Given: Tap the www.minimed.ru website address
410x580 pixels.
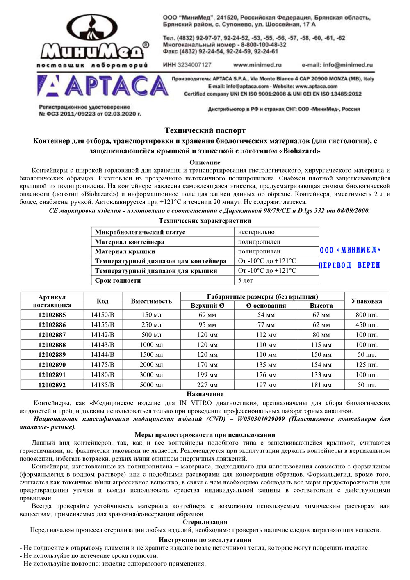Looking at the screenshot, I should pos(257,65).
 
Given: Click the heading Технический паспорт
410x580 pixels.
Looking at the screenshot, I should pos(205,130).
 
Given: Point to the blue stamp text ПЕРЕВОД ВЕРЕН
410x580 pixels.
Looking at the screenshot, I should pos(349,265).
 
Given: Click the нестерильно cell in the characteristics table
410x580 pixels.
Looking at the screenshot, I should pos(256,232).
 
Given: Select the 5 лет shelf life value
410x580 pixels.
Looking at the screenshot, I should pos(245,281).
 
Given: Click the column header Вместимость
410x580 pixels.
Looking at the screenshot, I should pos(151,301).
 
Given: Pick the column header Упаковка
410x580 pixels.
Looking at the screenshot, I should pos(367,301).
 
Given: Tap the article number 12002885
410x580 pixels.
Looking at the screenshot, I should pos(52,315).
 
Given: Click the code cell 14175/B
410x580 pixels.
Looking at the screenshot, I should pos(102,365).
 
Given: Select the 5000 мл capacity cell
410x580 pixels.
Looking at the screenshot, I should pos(151,385).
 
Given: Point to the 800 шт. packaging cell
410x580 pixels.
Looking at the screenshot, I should pos(367,315).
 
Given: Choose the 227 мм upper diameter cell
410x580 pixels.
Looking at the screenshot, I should pos(207,385).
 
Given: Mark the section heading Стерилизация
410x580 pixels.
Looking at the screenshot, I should pos(205,522).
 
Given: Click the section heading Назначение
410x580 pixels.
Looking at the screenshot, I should pos(205,394).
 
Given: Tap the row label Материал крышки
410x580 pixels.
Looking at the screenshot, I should pos(125,251).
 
